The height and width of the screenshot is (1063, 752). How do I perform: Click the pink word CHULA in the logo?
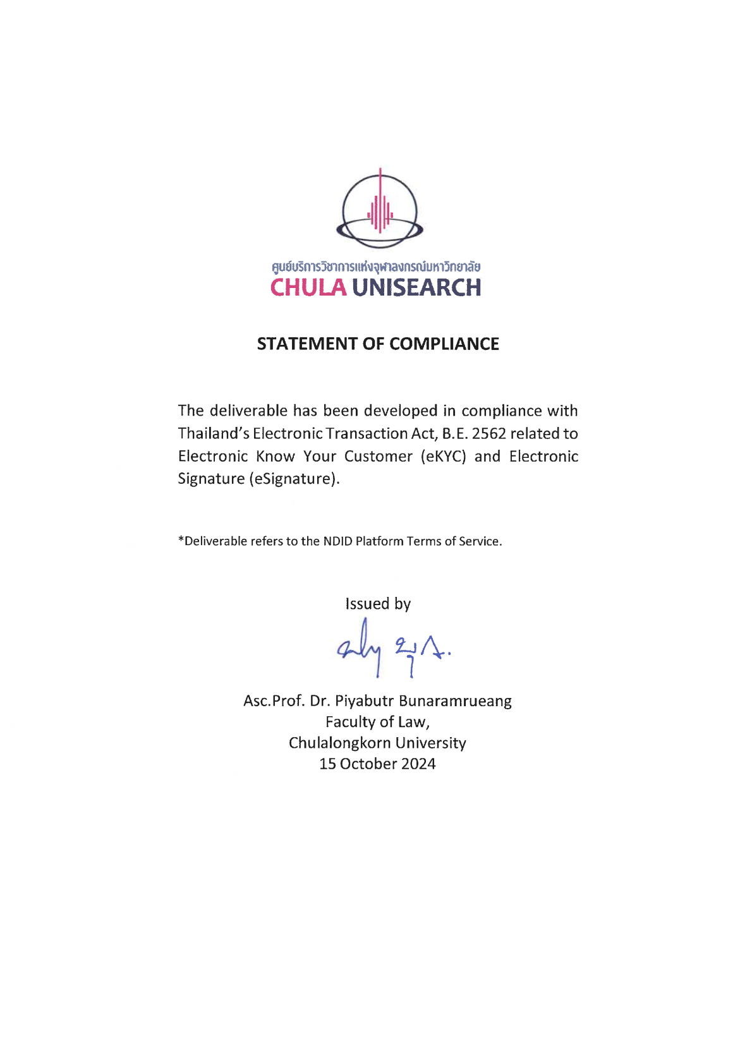tap(308, 288)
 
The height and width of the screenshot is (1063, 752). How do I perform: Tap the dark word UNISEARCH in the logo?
tap(416, 288)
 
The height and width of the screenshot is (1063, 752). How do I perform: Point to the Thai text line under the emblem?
tap(376, 267)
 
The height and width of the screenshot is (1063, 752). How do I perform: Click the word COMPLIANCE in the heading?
tap(444, 344)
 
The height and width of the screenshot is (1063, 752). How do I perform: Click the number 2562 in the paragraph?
tap(488, 434)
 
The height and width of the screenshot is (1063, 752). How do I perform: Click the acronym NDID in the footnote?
tap(337, 541)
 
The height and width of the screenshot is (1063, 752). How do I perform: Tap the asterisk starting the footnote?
tap(181, 540)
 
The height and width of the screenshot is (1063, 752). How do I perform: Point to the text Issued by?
tap(378, 604)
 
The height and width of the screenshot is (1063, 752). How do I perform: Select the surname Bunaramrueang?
tap(455, 702)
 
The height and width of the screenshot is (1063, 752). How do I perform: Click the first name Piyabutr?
tap(364, 702)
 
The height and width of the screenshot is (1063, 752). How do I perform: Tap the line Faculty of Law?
tap(377, 723)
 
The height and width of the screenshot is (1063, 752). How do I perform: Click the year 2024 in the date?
tap(418, 764)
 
